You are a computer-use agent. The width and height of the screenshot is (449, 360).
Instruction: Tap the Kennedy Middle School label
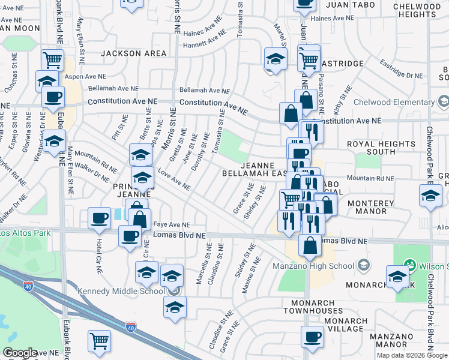point(121,291)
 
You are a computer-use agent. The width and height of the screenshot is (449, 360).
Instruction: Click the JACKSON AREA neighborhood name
point(133,53)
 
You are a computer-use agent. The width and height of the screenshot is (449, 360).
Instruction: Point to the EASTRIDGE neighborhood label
point(342,63)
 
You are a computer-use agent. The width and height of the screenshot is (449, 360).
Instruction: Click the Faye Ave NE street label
point(172,224)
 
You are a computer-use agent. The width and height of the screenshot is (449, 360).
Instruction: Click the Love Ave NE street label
point(174,180)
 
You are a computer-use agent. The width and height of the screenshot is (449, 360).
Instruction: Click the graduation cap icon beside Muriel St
point(275,59)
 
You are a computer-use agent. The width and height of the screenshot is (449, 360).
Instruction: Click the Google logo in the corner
point(19,353)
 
